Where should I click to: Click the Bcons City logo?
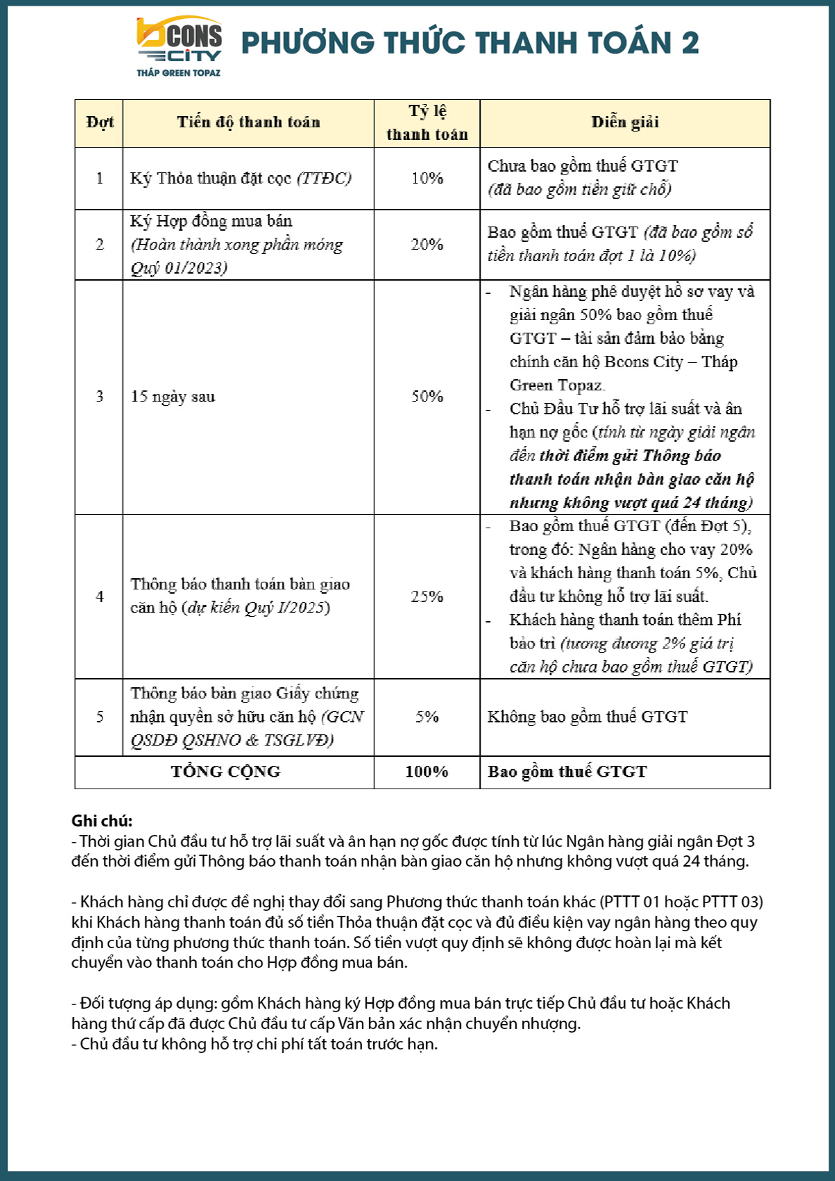179,41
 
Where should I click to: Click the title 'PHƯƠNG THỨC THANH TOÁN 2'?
470,43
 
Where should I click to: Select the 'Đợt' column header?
100,123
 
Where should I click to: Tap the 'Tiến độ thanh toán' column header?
248,123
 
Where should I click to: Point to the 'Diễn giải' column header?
625,123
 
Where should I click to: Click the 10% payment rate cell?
427,179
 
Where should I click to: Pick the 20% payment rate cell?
427,245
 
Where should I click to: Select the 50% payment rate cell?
427,397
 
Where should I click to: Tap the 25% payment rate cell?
427,596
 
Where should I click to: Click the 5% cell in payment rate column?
427,717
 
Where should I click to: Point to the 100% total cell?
427,772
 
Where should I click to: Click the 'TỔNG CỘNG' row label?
225,772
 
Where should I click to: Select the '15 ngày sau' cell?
173,397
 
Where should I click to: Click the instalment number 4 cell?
100,596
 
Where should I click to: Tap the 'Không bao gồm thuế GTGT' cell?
588,717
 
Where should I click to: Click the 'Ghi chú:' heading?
102,821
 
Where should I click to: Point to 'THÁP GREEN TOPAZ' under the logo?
179,72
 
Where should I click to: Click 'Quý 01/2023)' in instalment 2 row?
179,268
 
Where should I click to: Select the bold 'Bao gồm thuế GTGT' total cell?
567,772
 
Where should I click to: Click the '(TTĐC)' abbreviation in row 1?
324,179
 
